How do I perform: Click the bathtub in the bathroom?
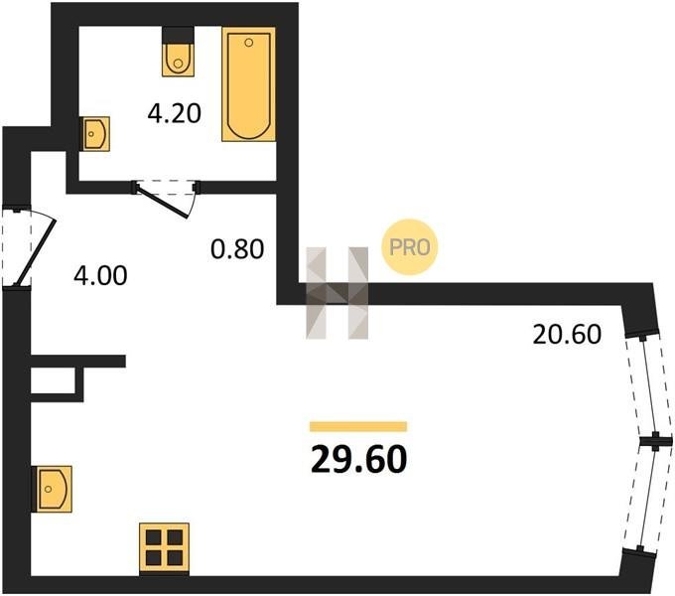249,84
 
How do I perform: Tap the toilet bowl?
178,60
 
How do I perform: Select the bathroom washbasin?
96,133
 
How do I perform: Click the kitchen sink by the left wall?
53,489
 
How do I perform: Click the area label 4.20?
175,113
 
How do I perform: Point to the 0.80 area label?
237,249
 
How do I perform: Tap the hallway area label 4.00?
100,275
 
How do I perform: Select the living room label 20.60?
567,334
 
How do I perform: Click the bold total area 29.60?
358,459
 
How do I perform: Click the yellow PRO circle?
409,247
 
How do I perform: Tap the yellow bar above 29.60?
358,426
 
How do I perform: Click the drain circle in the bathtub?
249,42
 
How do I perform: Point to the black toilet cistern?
178,35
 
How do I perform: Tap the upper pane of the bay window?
649,385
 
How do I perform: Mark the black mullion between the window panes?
655,441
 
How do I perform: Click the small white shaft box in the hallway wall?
54,380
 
